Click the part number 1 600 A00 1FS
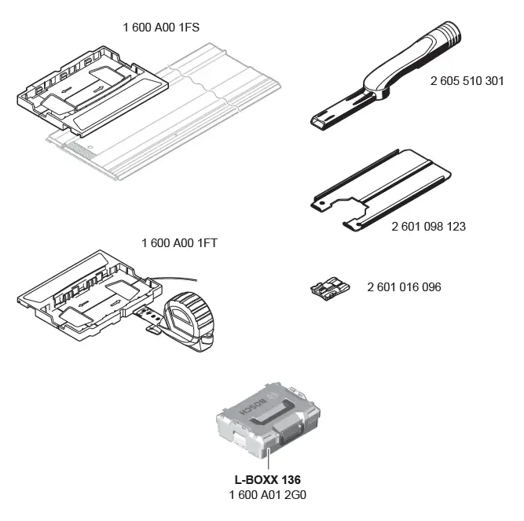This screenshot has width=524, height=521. (161, 27)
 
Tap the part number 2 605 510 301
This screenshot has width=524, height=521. (467, 81)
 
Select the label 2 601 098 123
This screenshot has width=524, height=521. (428, 227)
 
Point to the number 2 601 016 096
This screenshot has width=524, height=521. (404, 287)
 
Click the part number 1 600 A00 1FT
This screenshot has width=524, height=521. (179, 242)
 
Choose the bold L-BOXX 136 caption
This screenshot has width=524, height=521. (268, 479)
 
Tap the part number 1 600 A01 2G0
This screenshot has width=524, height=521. (268, 494)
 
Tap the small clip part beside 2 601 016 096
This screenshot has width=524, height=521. (330, 288)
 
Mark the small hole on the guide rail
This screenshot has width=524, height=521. (90, 147)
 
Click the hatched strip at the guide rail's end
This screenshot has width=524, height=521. (78, 150)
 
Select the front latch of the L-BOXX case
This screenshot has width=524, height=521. (289, 434)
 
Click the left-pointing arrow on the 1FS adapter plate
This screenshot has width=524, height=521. (67, 90)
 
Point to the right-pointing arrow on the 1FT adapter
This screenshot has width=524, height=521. (115, 303)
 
